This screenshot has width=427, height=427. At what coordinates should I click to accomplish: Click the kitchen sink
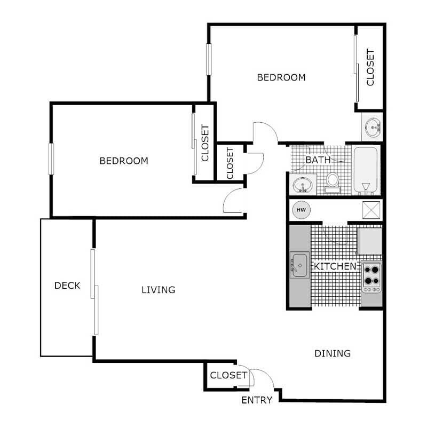pos(299,265)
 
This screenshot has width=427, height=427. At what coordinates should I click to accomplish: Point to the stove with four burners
pos(371,276)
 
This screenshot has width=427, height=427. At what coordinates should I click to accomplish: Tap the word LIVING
pos(158,290)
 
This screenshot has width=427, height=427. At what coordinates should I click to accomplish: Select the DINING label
pos(332,353)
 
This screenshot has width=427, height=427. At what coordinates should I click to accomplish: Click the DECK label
pos(67,286)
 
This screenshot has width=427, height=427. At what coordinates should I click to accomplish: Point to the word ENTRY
pos(257,400)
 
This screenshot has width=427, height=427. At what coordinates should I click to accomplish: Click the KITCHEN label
pos(335,266)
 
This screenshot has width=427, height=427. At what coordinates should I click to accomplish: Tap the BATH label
pos(318,159)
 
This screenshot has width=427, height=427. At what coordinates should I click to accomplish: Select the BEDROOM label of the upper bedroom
pos(281,77)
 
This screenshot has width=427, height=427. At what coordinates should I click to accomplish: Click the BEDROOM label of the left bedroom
pos(124,161)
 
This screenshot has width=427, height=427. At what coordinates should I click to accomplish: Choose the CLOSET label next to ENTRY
pos(228,375)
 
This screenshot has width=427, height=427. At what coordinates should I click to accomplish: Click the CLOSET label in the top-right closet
pos(370,67)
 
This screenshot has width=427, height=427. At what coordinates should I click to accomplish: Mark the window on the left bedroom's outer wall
pos(51,159)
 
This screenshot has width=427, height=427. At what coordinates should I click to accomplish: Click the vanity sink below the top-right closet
pos(372,127)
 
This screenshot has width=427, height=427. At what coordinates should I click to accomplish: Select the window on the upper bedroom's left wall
pos(209,59)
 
